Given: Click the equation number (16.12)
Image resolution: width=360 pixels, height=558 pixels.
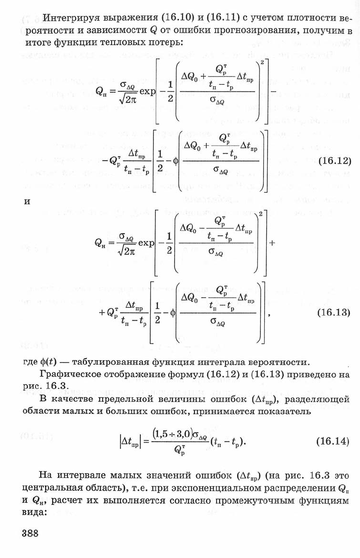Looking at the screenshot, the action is point(334,161).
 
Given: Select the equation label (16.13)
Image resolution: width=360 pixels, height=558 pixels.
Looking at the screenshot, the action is point(333,312).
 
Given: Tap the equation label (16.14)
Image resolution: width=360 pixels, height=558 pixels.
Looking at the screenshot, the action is point(333,441).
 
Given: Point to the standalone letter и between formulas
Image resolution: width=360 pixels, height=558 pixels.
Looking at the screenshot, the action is point(27,201).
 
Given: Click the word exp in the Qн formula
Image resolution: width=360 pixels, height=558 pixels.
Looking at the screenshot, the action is point(146,243).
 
